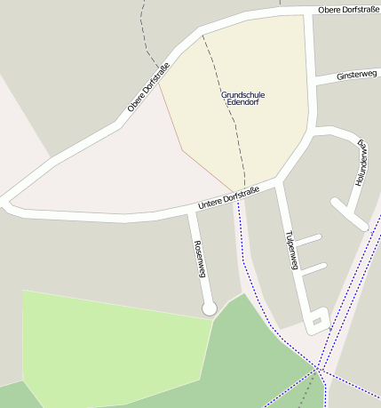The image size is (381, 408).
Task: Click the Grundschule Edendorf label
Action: pos(242,99)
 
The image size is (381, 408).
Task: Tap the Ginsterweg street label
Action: pos(357,76)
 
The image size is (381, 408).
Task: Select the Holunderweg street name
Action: pos(361,162)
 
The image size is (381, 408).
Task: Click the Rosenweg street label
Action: pos(200,259)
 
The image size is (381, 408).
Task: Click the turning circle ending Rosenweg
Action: pos(210,308)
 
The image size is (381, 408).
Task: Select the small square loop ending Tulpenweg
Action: pos(317,318)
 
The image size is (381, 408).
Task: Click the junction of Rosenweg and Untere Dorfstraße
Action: pos(191,213)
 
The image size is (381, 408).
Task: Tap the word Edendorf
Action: pos(242,103)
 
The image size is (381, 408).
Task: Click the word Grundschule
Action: pos(242,94)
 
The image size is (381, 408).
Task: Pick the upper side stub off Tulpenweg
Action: pos(307,239)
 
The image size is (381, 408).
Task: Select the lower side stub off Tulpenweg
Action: pos(314,267)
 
